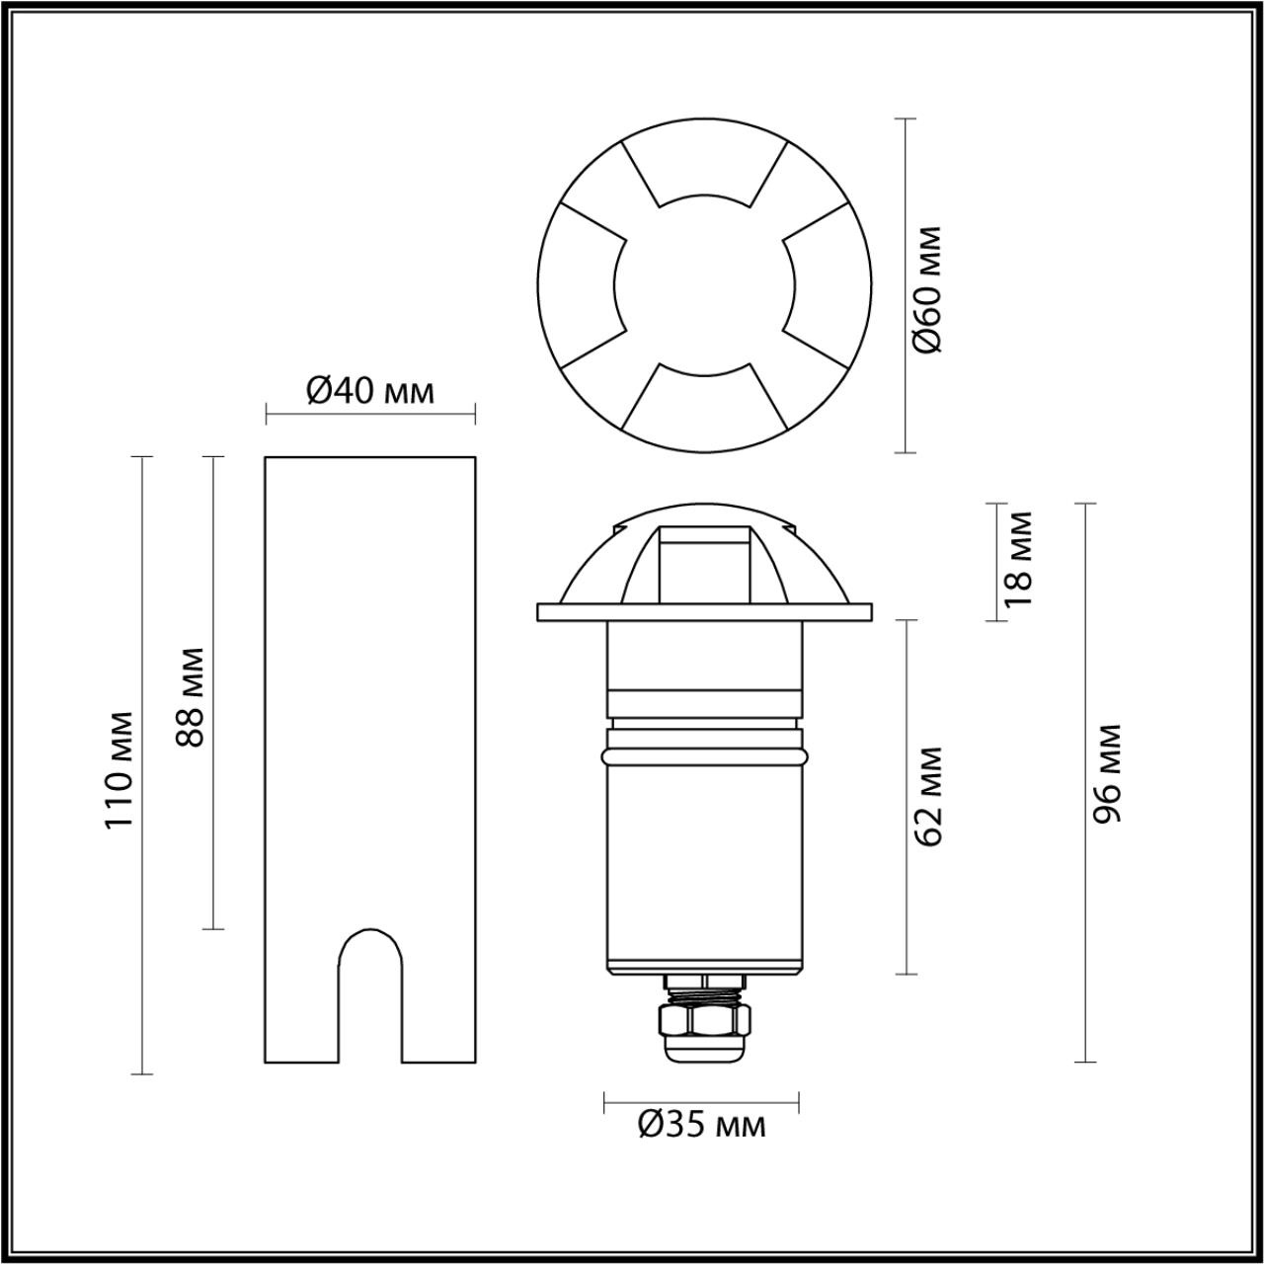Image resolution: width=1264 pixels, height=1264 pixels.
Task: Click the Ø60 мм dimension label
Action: pos(929,289)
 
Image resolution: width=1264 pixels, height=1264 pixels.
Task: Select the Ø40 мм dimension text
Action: pos(370,392)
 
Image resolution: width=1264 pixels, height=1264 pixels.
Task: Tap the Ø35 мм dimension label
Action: pos(701,1125)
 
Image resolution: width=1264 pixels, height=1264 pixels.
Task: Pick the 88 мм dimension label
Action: pos(191,697)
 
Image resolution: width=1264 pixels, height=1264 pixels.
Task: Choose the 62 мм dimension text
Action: pos(929,796)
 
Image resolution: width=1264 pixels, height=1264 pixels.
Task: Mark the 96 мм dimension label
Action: pos(1108,773)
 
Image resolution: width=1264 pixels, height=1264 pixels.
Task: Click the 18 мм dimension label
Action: pos(1017,558)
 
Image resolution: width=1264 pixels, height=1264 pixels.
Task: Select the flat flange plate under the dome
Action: pos(704,612)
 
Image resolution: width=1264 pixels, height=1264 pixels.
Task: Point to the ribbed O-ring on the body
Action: pos(704,755)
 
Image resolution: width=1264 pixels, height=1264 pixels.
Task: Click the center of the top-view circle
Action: pos(704,285)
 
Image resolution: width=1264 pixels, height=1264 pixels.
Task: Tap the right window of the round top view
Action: pos(828,285)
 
